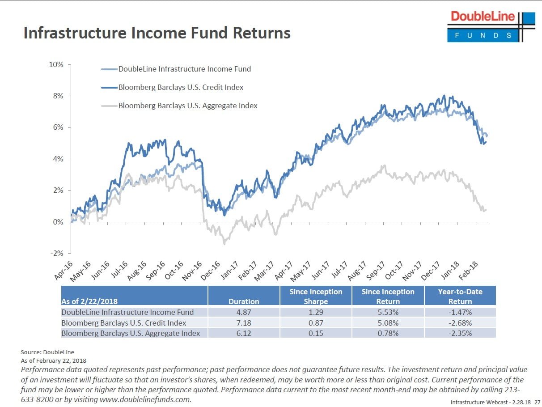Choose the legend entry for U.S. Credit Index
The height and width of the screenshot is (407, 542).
pos(181,87)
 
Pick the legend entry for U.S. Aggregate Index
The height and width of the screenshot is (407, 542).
pos(188,106)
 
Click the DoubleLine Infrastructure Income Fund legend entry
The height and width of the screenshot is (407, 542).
pos(184,69)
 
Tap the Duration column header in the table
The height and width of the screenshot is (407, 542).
pos(244,301)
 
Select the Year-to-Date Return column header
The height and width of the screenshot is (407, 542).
pos(460,296)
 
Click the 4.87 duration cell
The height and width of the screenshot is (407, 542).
pos(244,312)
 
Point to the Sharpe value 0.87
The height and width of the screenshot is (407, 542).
pos(316,322)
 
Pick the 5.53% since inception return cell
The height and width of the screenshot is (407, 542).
pos(388,312)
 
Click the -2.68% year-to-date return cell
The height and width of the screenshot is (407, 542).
pos(460,322)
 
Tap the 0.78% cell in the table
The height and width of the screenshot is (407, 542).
pos(388,333)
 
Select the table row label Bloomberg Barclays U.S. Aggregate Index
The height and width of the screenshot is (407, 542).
pos(131,333)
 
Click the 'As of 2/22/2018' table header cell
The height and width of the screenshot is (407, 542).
pos(89,301)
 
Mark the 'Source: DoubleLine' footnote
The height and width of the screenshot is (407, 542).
pos(48,352)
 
